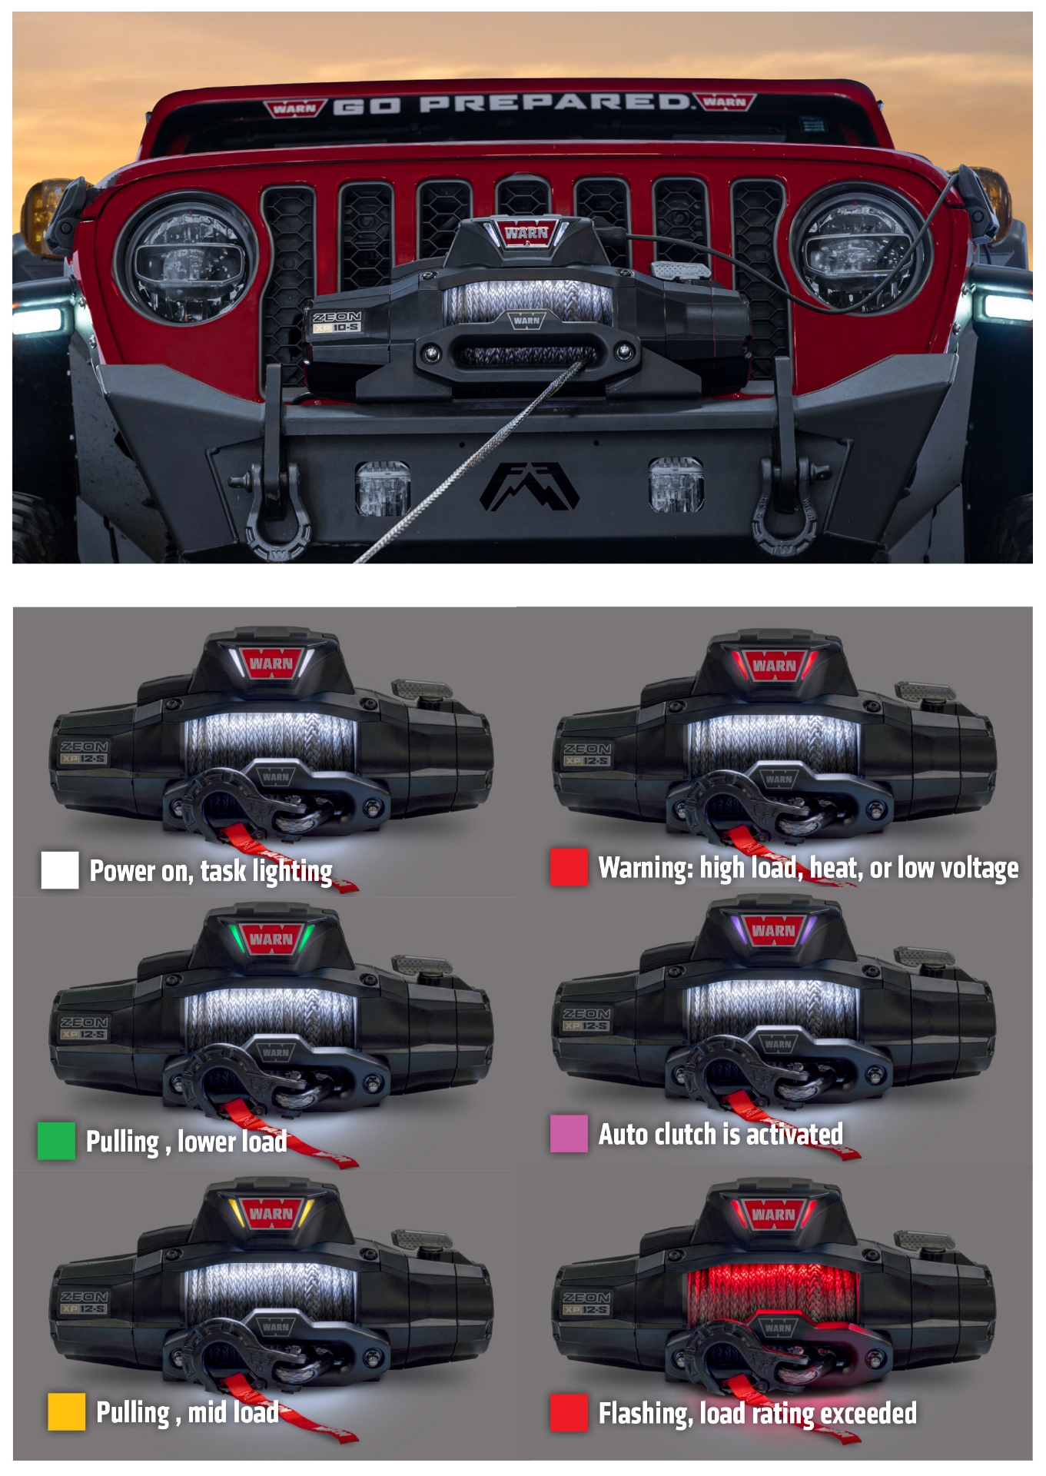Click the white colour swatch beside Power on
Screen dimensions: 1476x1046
pyautogui.click(x=60, y=870)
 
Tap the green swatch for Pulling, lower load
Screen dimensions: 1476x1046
pyautogui.click(x=56, y=1141)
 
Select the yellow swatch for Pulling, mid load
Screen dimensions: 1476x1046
pyautogui.click(x=66, y=1411)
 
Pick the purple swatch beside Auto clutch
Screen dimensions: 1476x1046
pyautogui.click(x=569, y=1133)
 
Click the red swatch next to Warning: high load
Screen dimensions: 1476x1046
pyautogui.click(x=569, y=867)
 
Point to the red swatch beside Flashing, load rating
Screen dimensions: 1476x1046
pyautogui.click(x=569, y=1413)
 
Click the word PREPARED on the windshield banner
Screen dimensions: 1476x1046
pyautogui.click(x=553, y=103)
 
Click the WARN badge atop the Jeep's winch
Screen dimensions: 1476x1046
pyautogui.click(x=526, y=232)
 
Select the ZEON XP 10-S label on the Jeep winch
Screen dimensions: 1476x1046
pyautogui.click(x=337, y=321)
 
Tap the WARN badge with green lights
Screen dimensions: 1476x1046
pyautogui.click(x=271, y=939)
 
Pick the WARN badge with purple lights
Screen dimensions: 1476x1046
pyautogui.click(x=773, y=931)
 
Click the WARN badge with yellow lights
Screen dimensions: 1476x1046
pyautogui.click(x=271, y=1214)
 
